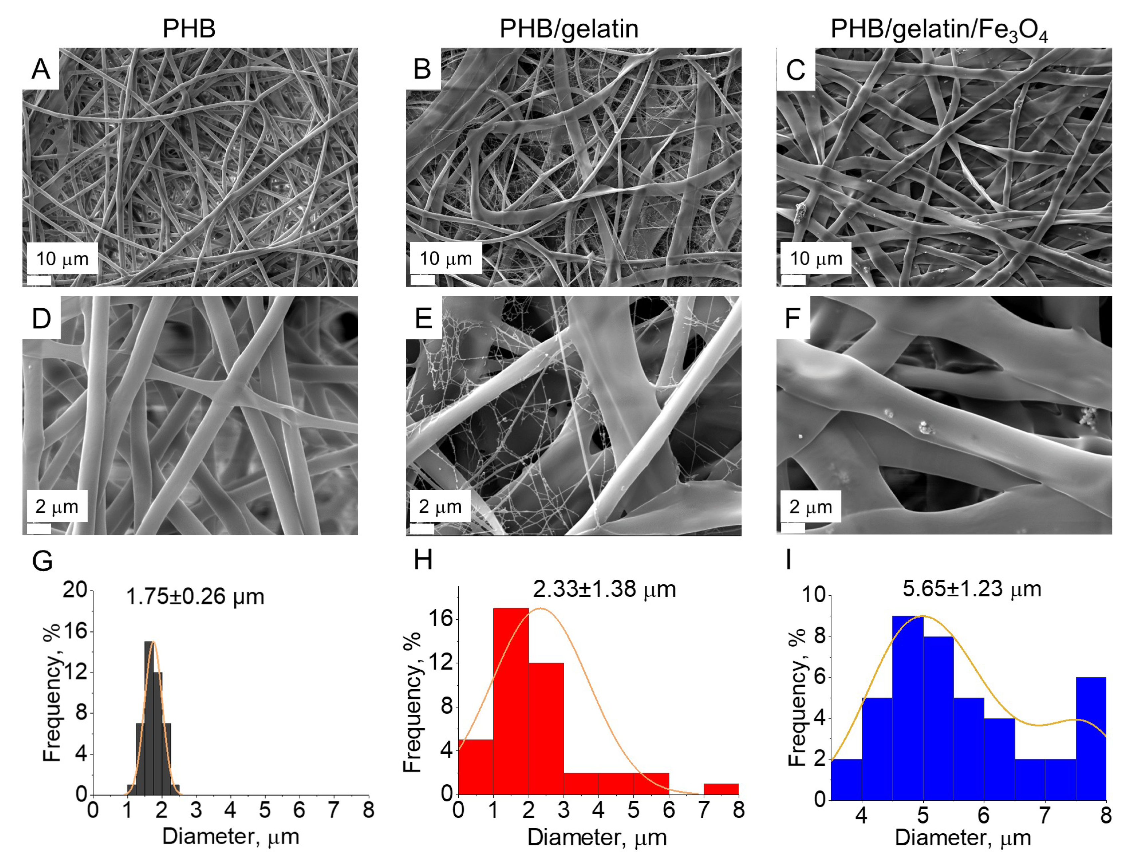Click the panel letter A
pyautogui.click(x=41, y=69)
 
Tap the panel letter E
pyautogui.click(x=423, y=319)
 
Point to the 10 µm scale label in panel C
pyautogui.click(x=815, y=258)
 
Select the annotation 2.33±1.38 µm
pyautogui.click(x=604, y=589)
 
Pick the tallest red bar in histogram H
pyautogui.click(x=511, y=701)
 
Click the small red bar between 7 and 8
pyautogui.click(x=721, y=789)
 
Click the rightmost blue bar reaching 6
pyautogui.click(x=1090, y=738)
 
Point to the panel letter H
pyautogui.click(x=423, y=560)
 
